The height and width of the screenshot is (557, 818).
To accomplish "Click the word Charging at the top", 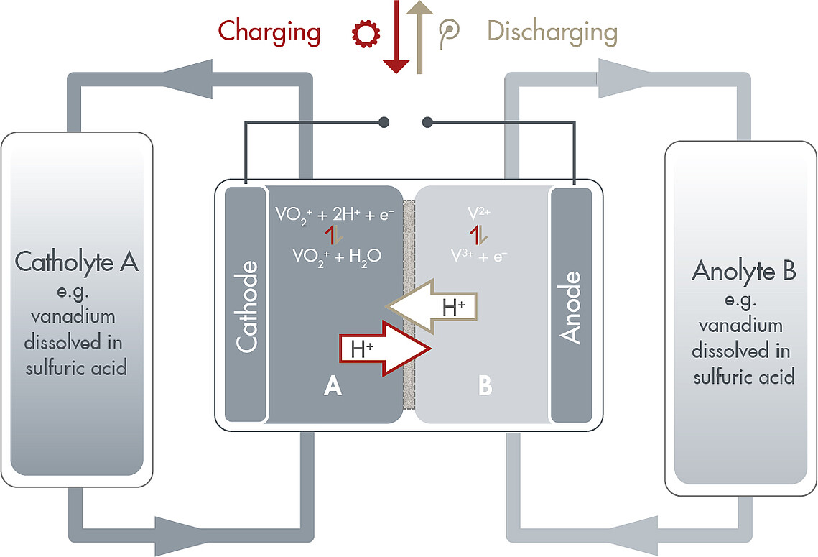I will point(269,32).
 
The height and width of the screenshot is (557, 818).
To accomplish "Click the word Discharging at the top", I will point(552,32).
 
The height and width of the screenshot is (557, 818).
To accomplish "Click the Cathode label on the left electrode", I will point(246,307).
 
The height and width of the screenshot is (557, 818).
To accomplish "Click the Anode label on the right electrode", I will point(571,307).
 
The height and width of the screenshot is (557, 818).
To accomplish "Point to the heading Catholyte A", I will point(77,262).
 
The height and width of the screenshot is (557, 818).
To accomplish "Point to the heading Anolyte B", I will point(743,272).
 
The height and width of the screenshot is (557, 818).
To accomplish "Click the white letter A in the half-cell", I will point(333,387).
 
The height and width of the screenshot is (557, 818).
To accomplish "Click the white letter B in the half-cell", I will point(485,387).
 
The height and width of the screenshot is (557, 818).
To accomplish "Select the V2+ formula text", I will point(479,213).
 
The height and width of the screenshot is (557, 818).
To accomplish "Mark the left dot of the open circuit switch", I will point(385,121).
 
